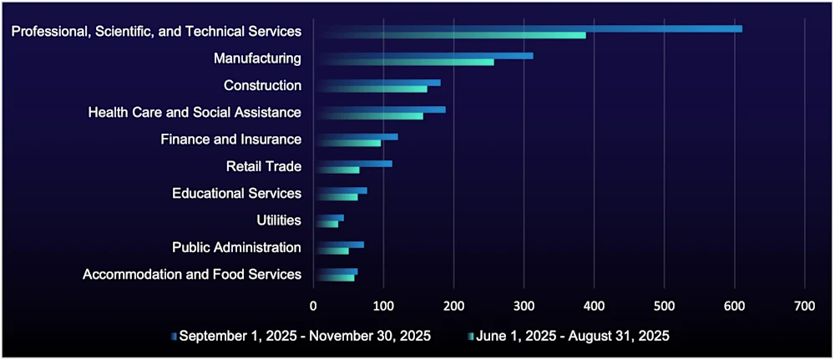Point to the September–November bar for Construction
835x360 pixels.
point(377,83)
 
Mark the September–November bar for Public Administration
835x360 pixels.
point(338,245)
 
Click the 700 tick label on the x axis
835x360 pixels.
point(804,305)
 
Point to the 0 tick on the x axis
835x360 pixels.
point(313,305)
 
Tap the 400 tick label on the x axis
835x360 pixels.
point(594,305)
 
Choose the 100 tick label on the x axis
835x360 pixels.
point(383,305)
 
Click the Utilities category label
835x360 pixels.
point(279,221)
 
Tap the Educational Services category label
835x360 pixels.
point(236,193)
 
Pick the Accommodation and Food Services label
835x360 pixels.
point(192,274)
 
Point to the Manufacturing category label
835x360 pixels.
point(257,58)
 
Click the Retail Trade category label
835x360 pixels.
point(263,166)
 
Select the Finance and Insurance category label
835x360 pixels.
point(230,139)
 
